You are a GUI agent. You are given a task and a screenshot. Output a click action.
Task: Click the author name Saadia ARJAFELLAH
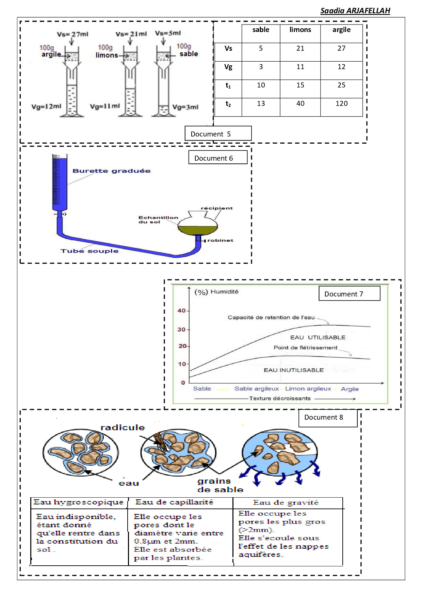pos(355,11)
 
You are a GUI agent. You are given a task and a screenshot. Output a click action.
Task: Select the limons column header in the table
pos(300,30)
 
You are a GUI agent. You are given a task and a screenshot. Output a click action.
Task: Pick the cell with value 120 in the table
pos(341,103)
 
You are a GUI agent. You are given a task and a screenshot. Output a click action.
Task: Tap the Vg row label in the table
pos(228,67)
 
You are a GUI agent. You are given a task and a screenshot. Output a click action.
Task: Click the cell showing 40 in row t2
pos(300,103)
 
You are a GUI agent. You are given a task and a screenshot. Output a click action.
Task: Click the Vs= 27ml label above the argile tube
pos(72,34)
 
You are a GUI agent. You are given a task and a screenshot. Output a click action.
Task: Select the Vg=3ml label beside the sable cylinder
pos(185,107)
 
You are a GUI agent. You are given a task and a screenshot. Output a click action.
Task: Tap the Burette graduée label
pos(111,171)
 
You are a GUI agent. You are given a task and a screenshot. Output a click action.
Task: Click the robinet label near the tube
pos(220,240)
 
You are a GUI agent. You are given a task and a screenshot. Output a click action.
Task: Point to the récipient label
pos(216,208)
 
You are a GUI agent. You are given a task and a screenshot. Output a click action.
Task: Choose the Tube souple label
pos(90,251)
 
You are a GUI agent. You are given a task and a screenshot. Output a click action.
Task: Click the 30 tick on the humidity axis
pos(182,329)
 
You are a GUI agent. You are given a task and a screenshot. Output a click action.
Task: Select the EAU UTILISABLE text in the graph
pos(318,337)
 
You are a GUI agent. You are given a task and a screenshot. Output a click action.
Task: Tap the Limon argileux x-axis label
pos(308,389)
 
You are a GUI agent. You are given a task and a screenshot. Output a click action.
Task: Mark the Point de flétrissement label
pos(305,348)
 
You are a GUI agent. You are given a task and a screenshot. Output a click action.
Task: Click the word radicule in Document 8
pos(123,427)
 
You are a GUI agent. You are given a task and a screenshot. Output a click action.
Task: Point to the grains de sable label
pos(220,485)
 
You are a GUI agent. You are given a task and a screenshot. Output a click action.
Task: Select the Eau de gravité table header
pos(286,503)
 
